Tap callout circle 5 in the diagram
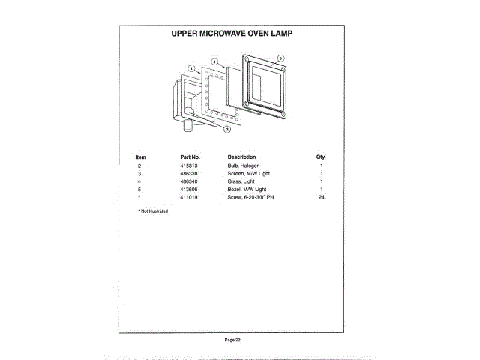click(281, 58)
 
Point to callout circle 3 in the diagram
click(191, 67)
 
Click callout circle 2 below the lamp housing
click(226, 129)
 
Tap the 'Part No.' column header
click(188, 157)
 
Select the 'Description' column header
click(241, 157)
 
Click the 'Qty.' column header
click(321, 157)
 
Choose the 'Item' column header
click(140, 157)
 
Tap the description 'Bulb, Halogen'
click(243, 165)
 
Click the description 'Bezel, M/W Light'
click(246, 190)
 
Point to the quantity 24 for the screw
click(321, 197)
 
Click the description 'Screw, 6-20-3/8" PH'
click(251, 197)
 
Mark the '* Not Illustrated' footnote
click(153, 211)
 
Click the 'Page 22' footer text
click(232, 340)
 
